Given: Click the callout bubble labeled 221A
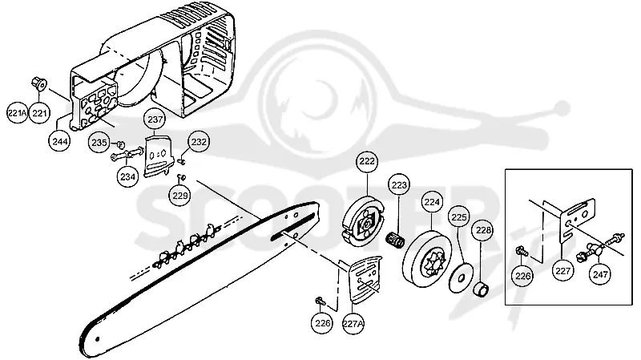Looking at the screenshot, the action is click(x=18, y=113).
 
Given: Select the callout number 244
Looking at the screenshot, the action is click(x=59, y=141).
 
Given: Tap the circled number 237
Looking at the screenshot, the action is click(x=155, y=119).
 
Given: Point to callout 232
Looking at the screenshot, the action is click(x=199, y=142).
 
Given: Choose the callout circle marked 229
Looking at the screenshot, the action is click(x=179, y=195).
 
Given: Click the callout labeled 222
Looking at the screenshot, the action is click(x=367, y=162).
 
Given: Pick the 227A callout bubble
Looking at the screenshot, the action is click(x=353, y=324).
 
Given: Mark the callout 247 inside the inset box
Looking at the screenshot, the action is click(x=599, y=274).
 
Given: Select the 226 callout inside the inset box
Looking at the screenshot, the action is click(x=523, y=276).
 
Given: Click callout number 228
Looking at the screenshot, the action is click(x=483, y=230).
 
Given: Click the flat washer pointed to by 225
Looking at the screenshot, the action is click(x=462, y=278).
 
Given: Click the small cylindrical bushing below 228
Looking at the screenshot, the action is click(x=482, y=289).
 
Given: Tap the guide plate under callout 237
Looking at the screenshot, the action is click(x=158, y=156).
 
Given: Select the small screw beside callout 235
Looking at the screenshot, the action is click(x=120, y=144).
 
